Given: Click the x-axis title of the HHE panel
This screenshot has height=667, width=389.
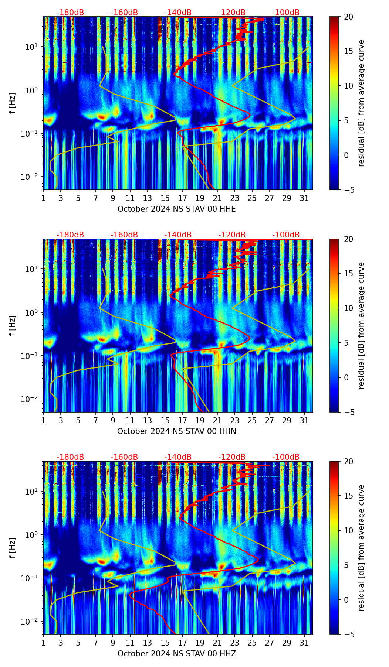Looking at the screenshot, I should coord(176,209).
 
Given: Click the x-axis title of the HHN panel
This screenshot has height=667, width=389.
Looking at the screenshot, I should coord(176,431).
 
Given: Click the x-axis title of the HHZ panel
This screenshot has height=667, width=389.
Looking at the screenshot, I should coord(176,654).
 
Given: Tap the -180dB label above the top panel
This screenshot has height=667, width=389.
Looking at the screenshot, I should coord(70,13).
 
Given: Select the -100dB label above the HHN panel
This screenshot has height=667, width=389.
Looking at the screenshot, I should coord(286,235).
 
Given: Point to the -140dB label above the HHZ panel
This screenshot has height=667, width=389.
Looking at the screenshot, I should coord(178,457).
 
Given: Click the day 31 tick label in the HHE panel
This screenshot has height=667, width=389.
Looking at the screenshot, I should coord(304,198).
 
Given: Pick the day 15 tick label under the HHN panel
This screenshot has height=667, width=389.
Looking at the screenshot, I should coord(165,421).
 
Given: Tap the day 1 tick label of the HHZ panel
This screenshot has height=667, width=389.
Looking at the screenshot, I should coord(43,643).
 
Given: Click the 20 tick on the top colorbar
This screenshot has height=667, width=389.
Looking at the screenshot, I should coord(348,17).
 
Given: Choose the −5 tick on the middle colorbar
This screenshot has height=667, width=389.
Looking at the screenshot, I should coord(348,412).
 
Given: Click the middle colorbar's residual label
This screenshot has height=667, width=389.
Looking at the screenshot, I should coord(361,325).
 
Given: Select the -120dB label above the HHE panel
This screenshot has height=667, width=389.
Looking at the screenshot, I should coord(232,13).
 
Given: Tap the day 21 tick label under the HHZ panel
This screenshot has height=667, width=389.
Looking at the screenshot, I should coord(217,643).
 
